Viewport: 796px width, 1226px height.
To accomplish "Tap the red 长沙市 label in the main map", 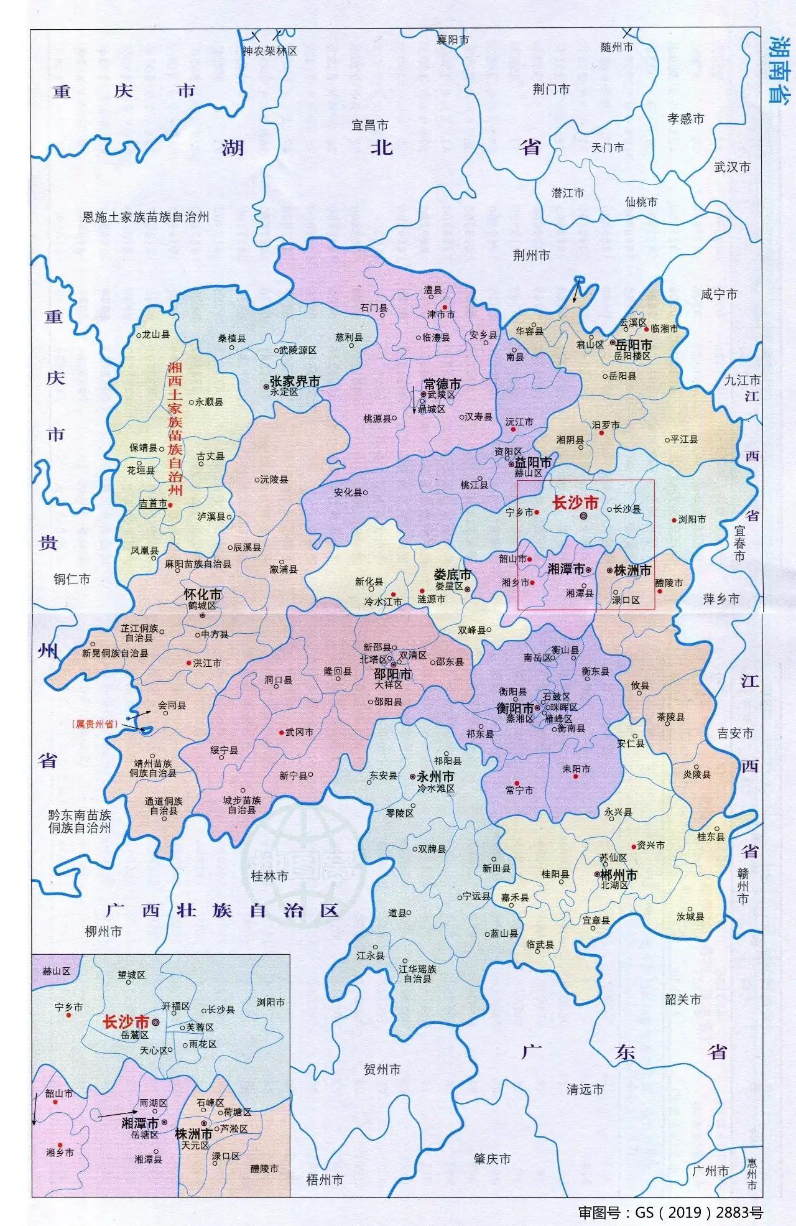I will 575,502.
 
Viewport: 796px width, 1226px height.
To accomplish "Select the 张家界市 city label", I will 294,381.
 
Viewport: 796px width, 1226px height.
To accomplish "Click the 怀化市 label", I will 203,595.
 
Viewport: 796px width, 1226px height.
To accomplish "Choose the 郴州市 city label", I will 618,875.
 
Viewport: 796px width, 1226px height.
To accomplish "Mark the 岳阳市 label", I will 634,345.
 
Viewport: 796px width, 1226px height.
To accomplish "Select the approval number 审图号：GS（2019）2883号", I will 670,1212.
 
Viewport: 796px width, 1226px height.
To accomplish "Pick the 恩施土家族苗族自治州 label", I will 146,217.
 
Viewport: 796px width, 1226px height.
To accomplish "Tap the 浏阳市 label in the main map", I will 692,519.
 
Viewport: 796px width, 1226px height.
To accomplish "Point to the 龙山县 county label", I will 155,335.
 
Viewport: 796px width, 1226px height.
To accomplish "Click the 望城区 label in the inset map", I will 131,975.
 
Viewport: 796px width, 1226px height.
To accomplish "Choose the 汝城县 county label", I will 690,917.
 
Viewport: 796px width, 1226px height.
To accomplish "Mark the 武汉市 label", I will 732,167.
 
